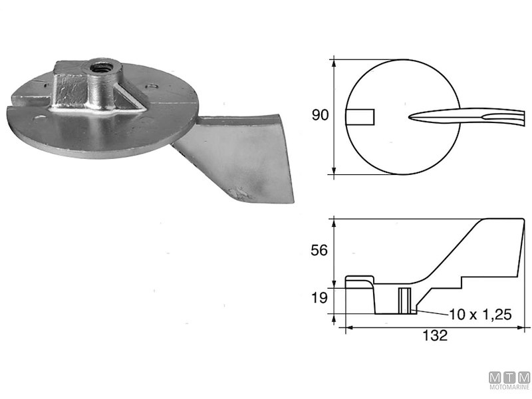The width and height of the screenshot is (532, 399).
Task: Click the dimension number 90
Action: [x=321, y=116]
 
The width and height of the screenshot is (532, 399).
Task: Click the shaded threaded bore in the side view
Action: [x=404, y=300]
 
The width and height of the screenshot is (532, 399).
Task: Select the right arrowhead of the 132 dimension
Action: [x=523, y=327]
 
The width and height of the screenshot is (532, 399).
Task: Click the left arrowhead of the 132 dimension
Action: [x=346, y=327]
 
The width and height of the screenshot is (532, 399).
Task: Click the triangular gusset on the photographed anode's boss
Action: [x=130, y=100]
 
